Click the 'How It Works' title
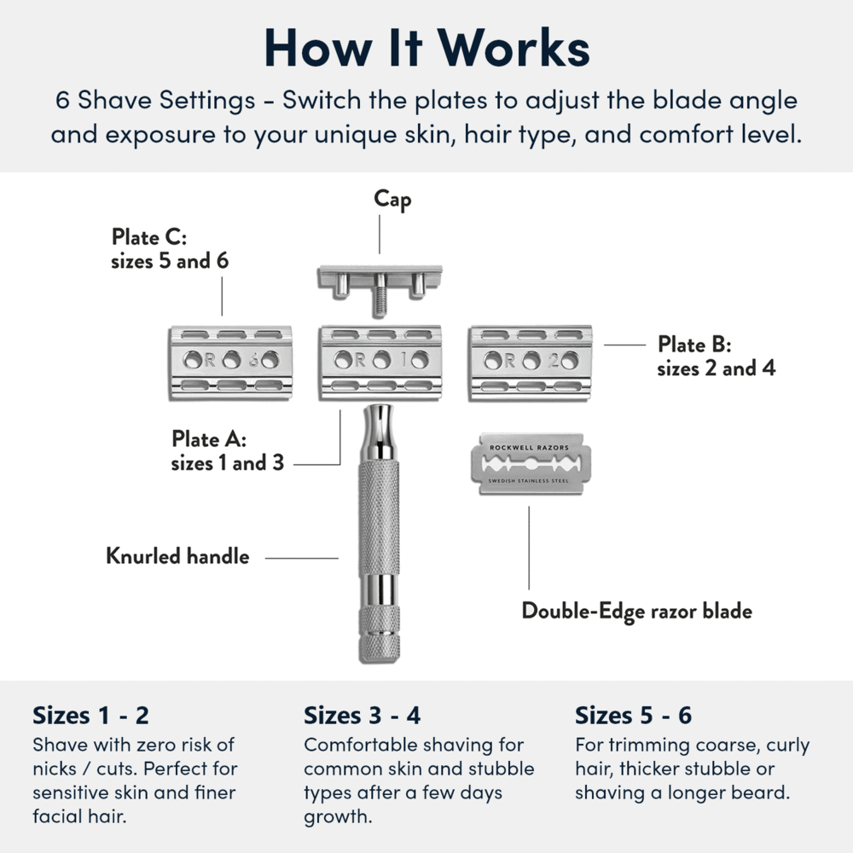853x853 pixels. coord(426,49)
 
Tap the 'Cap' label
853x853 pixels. coord(392,200)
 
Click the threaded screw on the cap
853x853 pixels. coord(380,299)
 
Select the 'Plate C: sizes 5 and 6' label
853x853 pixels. coord(170,248)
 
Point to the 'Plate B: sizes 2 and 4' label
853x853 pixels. coord(716,357)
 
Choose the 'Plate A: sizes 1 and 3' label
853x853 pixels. coord(227,451)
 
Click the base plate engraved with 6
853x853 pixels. coord(231,361)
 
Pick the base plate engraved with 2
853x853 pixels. coord(530,361)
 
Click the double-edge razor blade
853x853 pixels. coord(530,465)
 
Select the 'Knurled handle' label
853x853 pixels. coord(177,557)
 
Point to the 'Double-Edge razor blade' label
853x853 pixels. coord(637,612)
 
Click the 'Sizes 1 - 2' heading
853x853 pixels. coord(90,715)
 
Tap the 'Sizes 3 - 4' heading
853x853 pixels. coord(363,715)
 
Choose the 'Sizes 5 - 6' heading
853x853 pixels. coord(634,715)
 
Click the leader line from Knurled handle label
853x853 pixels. coord(302,559)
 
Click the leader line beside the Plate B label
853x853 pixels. coord(624,345)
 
